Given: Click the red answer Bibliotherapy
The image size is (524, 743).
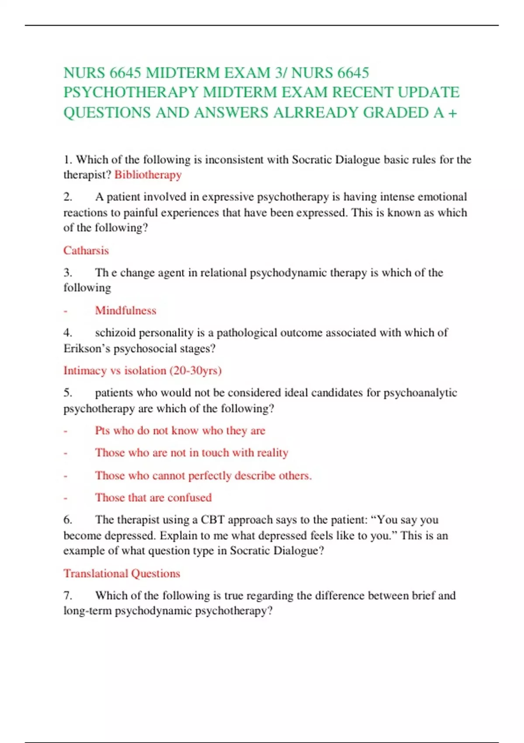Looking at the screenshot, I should point(148,175).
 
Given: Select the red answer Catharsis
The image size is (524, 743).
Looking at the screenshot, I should point(86,250).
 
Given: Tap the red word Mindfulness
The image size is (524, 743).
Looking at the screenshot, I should point(126,310).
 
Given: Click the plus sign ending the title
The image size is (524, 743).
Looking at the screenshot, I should point(452,113).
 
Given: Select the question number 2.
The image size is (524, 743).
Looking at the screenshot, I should point(68,197).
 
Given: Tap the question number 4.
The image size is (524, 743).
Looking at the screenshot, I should point(68,333).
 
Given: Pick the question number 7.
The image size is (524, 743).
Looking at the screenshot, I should point(68,595).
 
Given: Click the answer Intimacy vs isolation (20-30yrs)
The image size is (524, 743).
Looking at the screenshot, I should point(142,371).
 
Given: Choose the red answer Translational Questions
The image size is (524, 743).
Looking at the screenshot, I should point(122,573).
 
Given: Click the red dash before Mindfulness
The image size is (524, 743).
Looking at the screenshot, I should point(65,311).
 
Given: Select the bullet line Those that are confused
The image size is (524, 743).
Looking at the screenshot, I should point(153,497).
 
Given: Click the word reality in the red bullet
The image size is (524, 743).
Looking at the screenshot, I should point(272,453).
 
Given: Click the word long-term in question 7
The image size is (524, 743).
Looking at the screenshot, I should point(87,611).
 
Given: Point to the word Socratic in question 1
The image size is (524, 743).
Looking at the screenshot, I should point(312,160).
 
